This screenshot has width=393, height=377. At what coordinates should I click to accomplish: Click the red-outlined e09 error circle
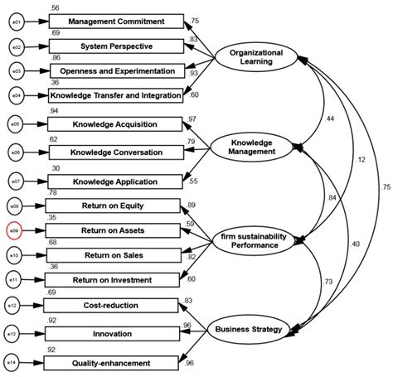[x=16, y=230]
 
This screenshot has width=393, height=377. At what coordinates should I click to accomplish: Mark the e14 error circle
[x=16, y=362]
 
